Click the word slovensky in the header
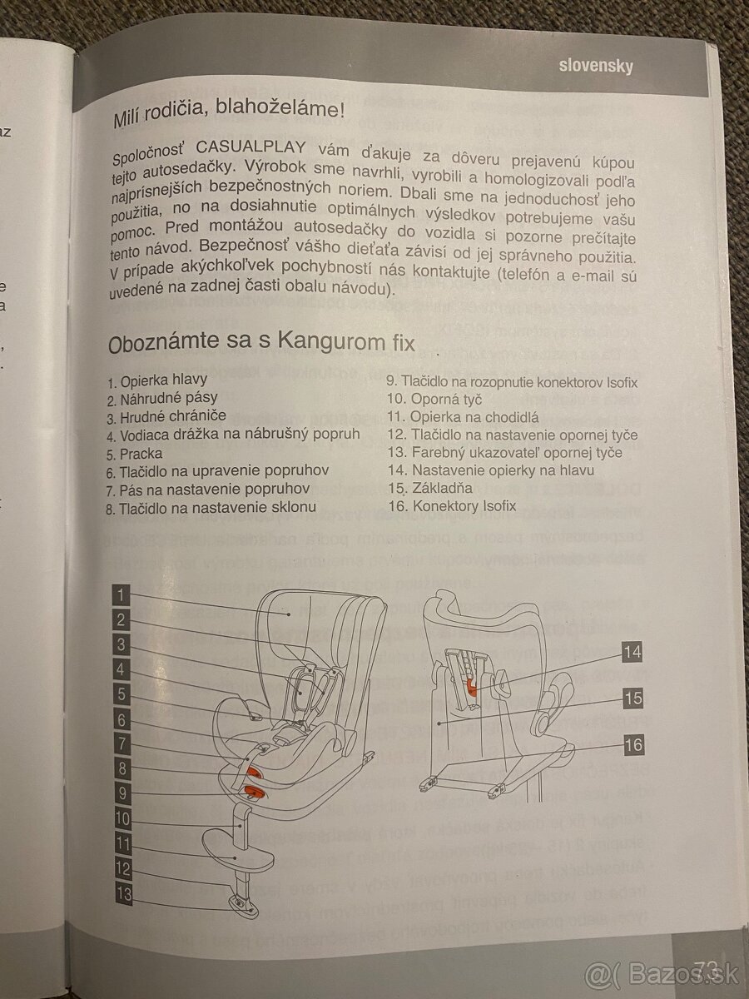[x=595, y=67]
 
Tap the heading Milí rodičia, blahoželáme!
[x=228, y=112]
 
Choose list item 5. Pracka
[x=135, y=454]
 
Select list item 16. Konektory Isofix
[x=452, y=505]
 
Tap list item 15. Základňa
[x=430, y=488]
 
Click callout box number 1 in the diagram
[x=122, y=594]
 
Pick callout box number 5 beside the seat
[x=122, y=694]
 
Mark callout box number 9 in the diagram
[x=122, y=794]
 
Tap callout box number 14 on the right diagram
[x=632, y=652]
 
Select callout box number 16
[x=633, y=744]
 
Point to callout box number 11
[x=122, y=844]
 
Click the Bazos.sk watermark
[x=666, y=972]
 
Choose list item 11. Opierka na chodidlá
[x=463, y=417]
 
